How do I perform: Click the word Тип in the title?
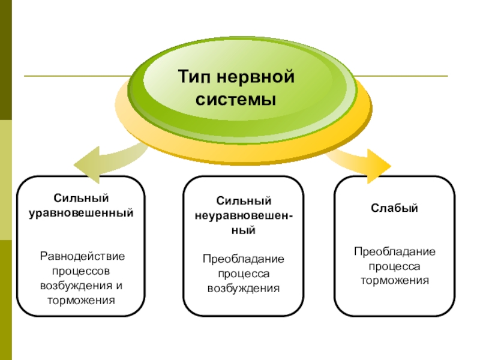[x=194, y=77]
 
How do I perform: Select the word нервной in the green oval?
[x=256, y=77]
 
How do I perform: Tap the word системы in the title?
[x=236, y=100]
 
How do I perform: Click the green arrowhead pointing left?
[x=87, y=164]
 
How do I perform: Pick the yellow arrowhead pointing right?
[x=379, y=166]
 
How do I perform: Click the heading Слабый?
[x=394, y=208]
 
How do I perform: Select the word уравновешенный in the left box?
[x=81, y=213]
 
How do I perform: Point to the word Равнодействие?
[x=82, y=256]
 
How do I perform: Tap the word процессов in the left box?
[x=81, y=271]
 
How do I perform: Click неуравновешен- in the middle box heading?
[x=244, y=216]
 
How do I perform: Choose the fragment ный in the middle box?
[x=244, y=230]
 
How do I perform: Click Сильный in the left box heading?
[x=81, y=198]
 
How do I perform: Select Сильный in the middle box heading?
[x=244, y=201]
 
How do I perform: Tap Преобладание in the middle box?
[x=244, y=259]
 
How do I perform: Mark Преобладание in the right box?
[x=395, y=251]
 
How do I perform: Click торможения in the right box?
[x=395, y=281]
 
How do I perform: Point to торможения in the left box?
[x=81, y=301]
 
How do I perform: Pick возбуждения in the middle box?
[x=244, y=289]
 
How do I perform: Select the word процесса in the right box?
[x=394, y=267]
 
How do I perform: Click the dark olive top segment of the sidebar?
[x=6, y=60]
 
